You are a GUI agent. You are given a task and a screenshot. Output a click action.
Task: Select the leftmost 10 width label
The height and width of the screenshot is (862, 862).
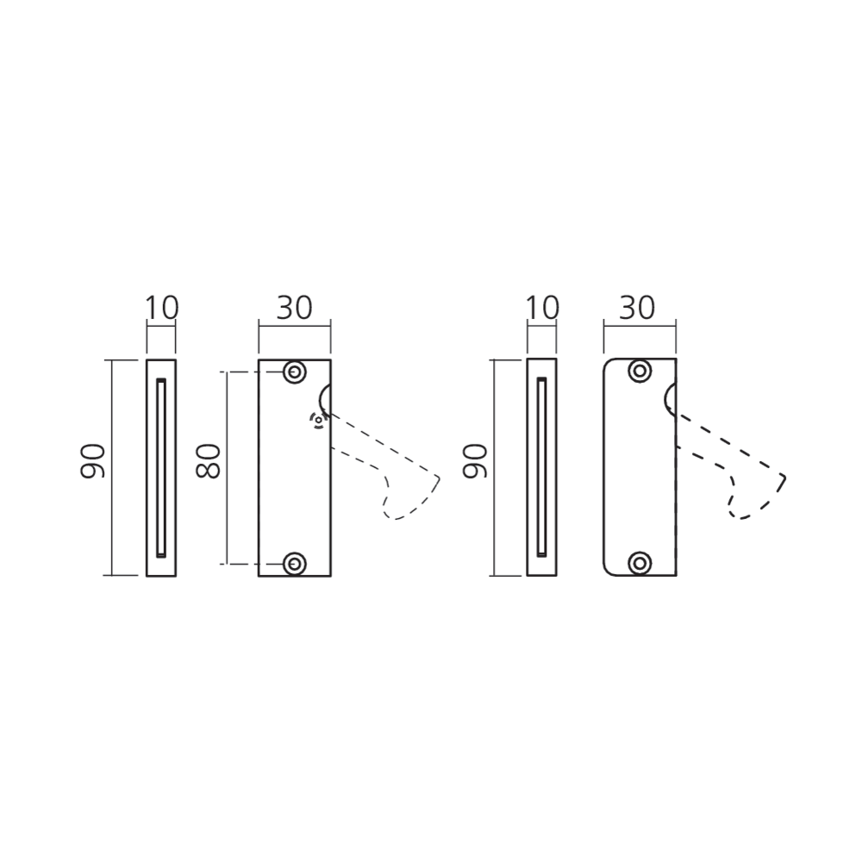coord(162,308)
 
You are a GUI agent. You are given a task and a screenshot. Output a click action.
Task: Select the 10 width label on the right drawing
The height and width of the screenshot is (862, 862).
coord(542,308)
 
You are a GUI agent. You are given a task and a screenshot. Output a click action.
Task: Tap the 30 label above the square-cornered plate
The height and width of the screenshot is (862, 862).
coord(294,308)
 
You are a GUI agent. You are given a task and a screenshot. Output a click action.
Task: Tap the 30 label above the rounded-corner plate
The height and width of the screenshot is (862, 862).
coord(637,308)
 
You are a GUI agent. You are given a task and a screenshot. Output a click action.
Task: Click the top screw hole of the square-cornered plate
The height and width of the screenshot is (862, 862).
coord(295,372)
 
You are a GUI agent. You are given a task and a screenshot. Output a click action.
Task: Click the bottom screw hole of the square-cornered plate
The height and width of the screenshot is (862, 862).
coord(295,564)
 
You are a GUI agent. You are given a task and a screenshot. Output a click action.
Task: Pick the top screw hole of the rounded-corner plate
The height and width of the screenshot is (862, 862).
coord(640,372)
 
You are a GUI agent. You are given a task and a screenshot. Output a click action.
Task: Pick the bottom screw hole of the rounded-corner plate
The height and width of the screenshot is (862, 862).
coord(640,563)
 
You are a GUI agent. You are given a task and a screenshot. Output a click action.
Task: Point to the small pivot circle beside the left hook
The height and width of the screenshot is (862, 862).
coord(318,421)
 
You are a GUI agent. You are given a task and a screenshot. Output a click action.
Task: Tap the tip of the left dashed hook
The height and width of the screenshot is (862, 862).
coord(440,478)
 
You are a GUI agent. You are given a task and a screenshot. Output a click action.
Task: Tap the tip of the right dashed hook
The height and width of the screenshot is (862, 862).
coord(784,478)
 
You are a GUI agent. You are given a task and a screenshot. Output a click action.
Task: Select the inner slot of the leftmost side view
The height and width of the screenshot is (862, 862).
coord(161,467)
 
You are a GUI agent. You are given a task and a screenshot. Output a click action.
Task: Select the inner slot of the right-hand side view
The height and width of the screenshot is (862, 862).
coord(541,467)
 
